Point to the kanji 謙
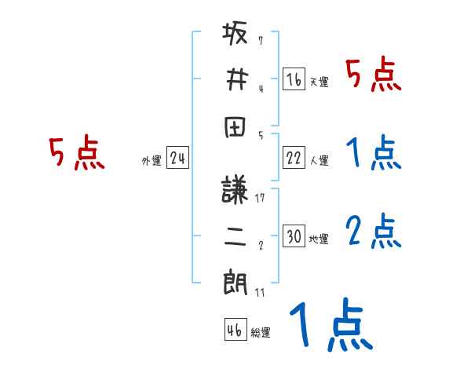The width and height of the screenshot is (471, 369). click(x=236, y=193)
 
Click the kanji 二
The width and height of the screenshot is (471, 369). click(x=236, y=238)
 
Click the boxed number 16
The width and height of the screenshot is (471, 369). click(x=294, y=79)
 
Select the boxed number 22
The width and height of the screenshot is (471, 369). click(x=294, y=158)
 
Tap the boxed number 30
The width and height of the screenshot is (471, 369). click(x=294, y=236)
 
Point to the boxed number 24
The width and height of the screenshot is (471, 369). click(x=178, y=159)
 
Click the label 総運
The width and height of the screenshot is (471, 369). click(x=261, y=332)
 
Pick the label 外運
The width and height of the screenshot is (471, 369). click(x=152, y=161)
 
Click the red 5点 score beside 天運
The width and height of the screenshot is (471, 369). click(x=374, y=75)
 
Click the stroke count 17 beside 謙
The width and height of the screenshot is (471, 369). click(x=260, y=198)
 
